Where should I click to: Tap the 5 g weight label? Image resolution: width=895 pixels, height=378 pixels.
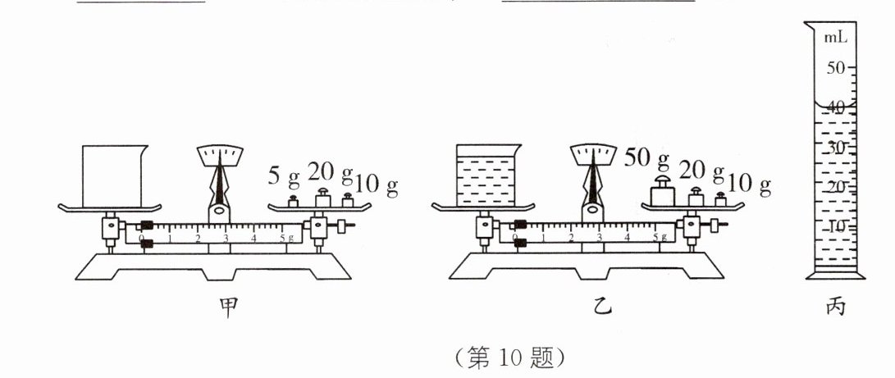coord(284,175)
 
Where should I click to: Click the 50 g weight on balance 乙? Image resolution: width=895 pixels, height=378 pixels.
coord(661,194)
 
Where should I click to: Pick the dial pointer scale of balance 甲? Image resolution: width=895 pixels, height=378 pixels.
coord(221,153)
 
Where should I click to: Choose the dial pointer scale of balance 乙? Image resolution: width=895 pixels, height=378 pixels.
coord(595,153)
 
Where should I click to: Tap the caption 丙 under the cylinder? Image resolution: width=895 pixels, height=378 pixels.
coord(835,307)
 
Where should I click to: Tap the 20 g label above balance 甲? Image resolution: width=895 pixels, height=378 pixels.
coord(330,172)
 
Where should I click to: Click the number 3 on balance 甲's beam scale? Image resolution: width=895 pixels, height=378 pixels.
coord(226,239)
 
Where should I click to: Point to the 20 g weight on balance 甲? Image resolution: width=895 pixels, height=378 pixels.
coord(323,198)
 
